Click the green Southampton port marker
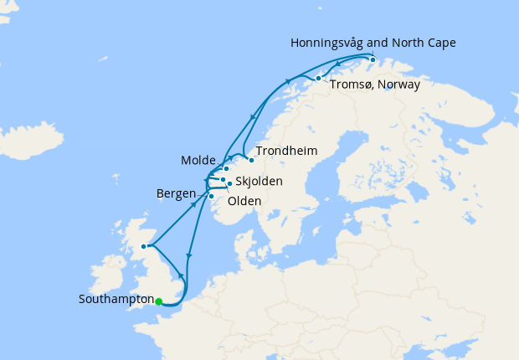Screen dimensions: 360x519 tap(158, 302)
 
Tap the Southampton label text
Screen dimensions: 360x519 tap(116, 299)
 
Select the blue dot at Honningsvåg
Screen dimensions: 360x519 tap(373, 59)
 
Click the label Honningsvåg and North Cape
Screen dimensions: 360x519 tap(373, 43)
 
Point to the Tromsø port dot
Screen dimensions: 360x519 tap(318, 78)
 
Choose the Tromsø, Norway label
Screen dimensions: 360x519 tap(373, 85)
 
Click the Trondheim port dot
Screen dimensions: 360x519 tap(251, 160)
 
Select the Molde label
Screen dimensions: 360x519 tap(198, 160)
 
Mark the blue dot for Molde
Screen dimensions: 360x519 tap(226, 168)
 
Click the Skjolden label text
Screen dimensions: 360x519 tap(259, 181)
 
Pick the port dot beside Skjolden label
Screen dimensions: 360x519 tap(229, 183)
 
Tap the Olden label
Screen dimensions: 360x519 tap(244, 201)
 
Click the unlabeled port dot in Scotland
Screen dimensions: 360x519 tap(144, 246)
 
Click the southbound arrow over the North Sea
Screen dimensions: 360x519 tap(190, 257)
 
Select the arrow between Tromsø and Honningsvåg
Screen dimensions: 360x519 tap(337, 64)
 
